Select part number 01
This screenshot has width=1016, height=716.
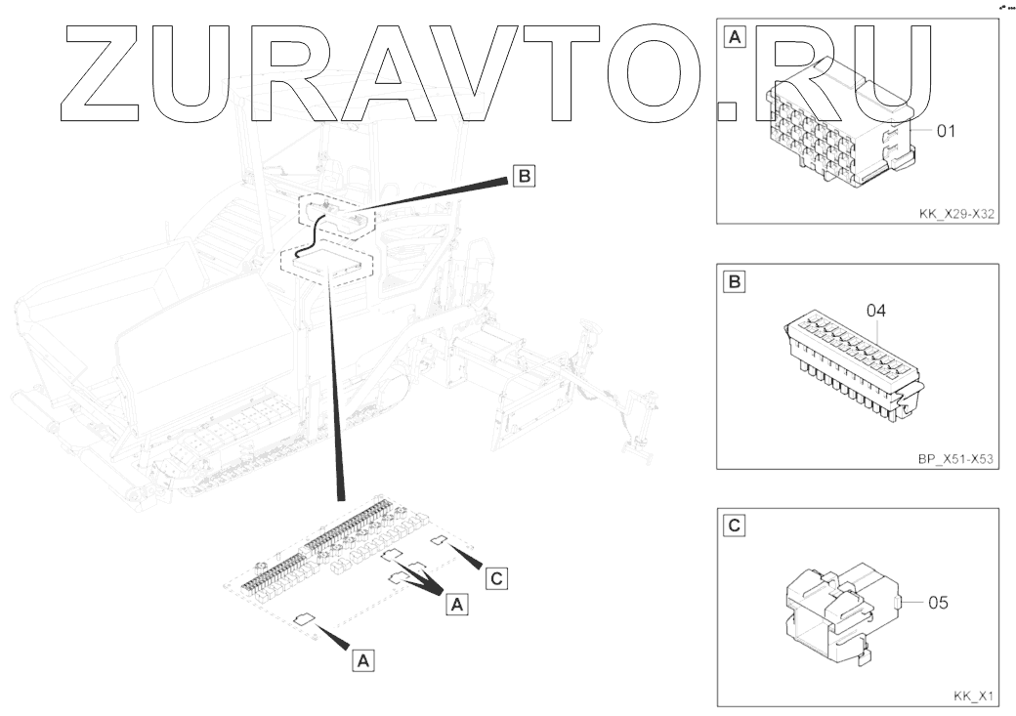[945, 131]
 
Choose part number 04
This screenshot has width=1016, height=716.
[875, 311]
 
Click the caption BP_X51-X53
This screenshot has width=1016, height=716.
[954, 455]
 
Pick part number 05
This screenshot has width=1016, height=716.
[938, 603]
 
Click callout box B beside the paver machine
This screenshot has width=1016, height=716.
[524, 177]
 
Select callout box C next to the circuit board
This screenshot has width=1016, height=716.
[496, 578]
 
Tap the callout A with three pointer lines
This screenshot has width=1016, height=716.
[456, 605]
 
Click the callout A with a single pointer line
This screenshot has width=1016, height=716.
[362, 660]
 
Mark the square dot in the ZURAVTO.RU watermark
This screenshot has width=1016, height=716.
[726, 108]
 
